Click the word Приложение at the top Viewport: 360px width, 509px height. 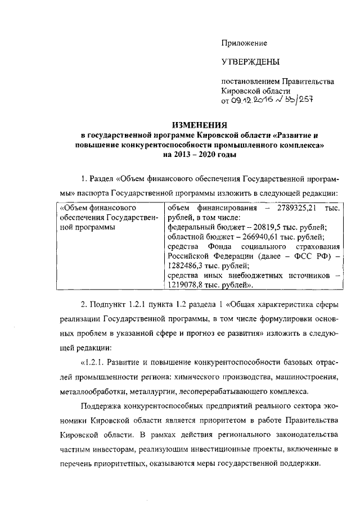coord(244,43)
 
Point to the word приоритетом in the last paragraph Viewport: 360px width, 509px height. coord(218,421)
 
